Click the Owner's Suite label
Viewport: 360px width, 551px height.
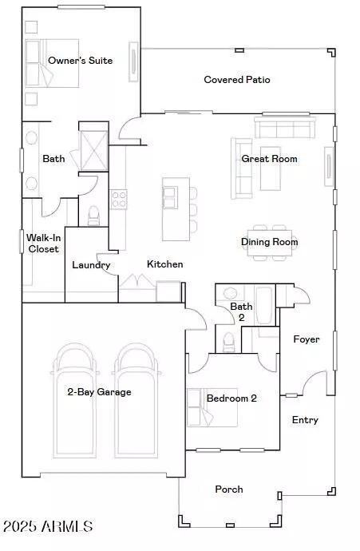(80, 61)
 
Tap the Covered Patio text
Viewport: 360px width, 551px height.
(237, 80)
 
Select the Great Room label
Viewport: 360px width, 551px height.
(269, 159)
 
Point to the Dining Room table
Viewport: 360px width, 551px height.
(270, 243)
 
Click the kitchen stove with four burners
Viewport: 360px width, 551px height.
(119, 200)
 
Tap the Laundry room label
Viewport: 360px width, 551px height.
(91, 265)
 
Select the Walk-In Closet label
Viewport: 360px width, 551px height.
(43, 244)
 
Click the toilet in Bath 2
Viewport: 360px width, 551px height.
(228, 343)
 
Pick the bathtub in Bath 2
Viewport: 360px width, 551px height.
(265, 305)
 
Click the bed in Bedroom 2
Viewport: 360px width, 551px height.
(212, 407)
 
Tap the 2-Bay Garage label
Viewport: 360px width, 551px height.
(100, 392)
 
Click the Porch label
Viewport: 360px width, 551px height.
(229, 490)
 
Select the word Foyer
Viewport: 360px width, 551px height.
(307, 339)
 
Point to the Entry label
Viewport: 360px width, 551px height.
(305, 420)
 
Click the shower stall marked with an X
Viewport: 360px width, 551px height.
(94, 151)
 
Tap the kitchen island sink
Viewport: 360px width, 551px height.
(170, 198)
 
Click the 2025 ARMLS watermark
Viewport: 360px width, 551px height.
(48, 526)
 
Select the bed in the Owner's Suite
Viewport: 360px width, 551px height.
(52, 63)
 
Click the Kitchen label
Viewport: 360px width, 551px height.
(165, 264)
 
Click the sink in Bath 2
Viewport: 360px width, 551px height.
(231, 293)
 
